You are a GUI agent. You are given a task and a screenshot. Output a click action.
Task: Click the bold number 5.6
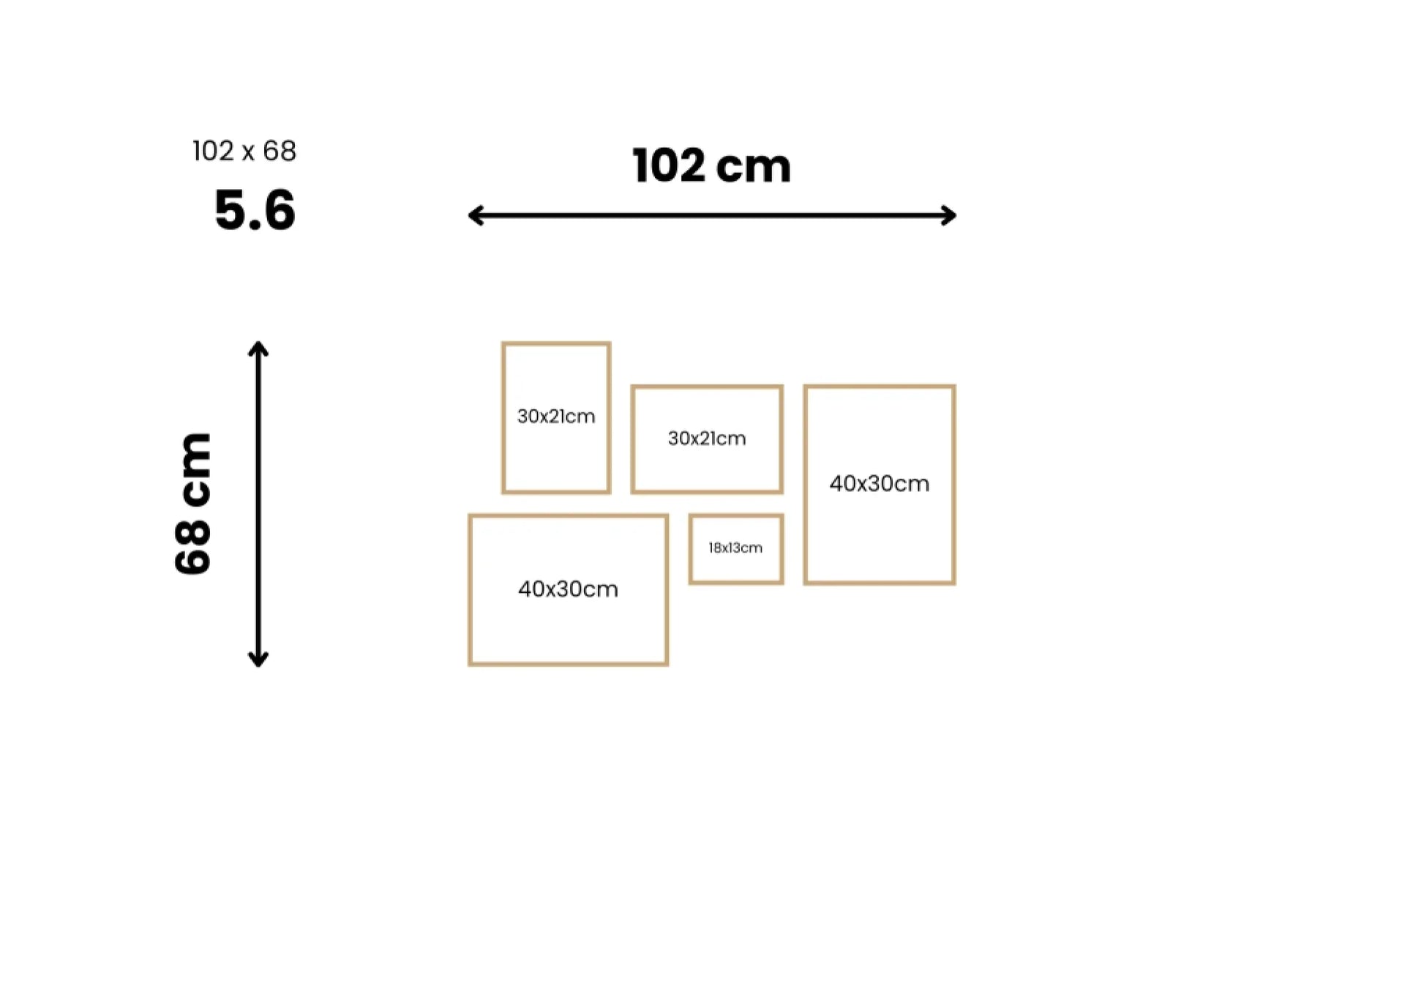255,210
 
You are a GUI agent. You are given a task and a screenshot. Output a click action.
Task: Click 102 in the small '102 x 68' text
213,151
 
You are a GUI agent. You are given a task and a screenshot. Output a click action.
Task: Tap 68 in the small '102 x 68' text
280,151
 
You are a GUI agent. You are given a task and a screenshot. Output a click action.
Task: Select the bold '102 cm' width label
712,165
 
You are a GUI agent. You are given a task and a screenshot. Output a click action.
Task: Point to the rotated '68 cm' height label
193,504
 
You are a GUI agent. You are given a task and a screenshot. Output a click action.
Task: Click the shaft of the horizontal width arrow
712,215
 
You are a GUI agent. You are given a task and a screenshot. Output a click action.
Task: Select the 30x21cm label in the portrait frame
556,417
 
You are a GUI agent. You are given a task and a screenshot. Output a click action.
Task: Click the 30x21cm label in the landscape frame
707,438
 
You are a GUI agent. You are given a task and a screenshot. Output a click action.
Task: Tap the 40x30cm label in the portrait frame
880,484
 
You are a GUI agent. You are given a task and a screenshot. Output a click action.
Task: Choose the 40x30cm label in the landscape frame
569,589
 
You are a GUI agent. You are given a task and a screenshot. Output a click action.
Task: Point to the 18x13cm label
735,548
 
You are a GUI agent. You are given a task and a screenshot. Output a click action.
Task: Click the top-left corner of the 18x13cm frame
689,515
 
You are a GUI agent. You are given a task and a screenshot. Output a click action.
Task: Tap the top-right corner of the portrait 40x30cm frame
955,386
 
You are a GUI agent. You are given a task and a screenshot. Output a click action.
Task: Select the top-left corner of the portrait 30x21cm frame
503,343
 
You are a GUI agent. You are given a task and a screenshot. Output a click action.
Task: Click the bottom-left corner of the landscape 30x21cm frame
632,493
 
